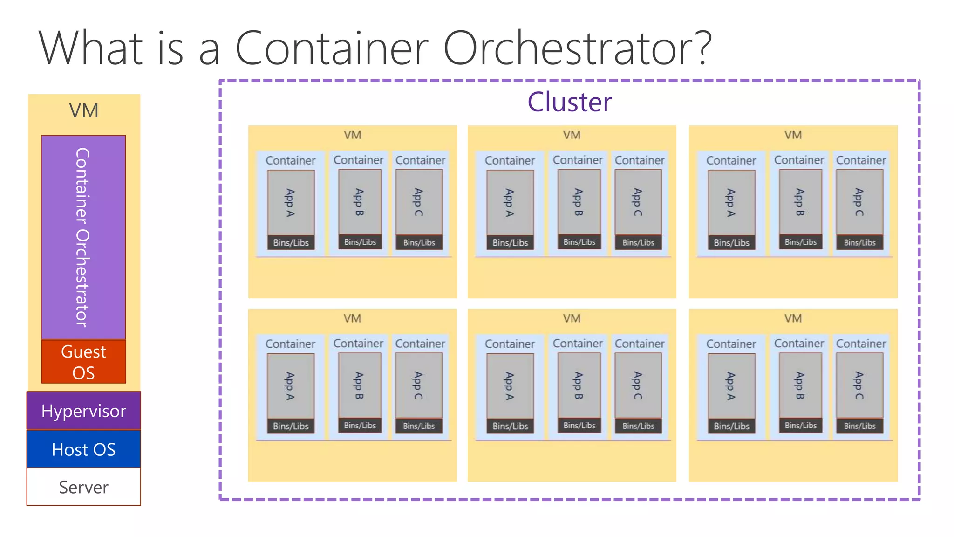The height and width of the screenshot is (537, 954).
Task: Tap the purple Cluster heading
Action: click(569, 102)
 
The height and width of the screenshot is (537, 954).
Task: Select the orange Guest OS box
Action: click(83, 362)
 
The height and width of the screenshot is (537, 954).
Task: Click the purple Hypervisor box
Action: click(83, 411)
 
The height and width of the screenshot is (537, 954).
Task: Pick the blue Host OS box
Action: click(83, 449)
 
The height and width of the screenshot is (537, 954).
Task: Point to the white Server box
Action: click(83, 487)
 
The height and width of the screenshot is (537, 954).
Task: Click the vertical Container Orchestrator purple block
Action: click(83, 237)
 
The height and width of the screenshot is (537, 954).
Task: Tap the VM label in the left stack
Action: click(84, 111)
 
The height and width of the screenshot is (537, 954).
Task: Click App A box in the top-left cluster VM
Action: click(291, 202)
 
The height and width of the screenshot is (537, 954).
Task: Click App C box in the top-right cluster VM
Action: click(859, 202)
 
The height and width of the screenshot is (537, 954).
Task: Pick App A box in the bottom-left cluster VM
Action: click(291, 386)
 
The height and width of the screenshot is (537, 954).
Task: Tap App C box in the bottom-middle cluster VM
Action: click(638, 385)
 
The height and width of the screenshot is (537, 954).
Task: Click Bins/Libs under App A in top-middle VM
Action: click(510, 243)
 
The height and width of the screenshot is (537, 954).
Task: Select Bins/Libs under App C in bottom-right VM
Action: click(859, 426)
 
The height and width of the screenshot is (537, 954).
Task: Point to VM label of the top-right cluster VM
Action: click(793, 135)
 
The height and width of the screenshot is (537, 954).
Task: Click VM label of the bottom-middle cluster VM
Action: click(572, 318)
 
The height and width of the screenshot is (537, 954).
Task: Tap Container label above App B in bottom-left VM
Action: click(358, 344)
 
